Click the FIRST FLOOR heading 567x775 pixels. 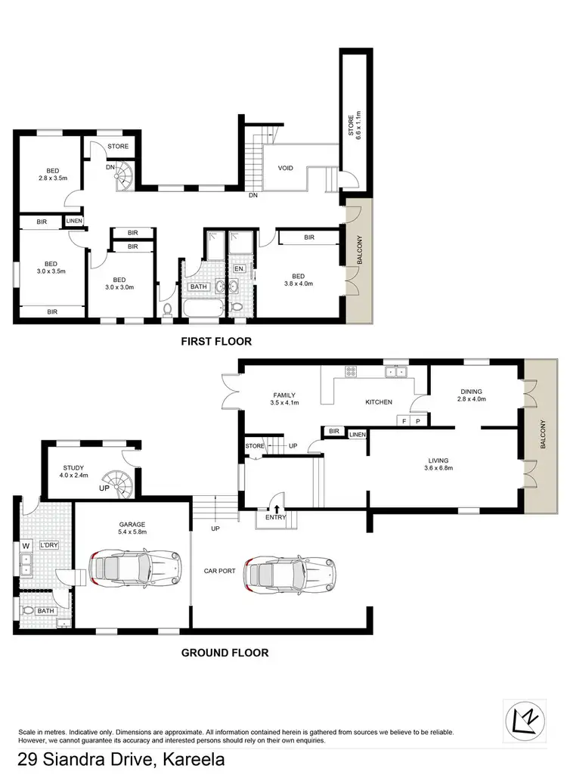[x=215, y=342]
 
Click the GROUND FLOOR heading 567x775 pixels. [x=224, y=653]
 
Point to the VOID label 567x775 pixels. [x=285, y=169]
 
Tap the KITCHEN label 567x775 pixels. [x=379, y=402]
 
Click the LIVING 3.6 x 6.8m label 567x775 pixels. [x=438, y=464]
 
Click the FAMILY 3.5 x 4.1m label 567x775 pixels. [x=284, y=399]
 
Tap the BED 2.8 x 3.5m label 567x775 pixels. [x=52, y=175]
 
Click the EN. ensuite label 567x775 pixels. [x=240, y=268]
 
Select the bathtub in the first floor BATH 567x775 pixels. [x=200, y=309]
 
